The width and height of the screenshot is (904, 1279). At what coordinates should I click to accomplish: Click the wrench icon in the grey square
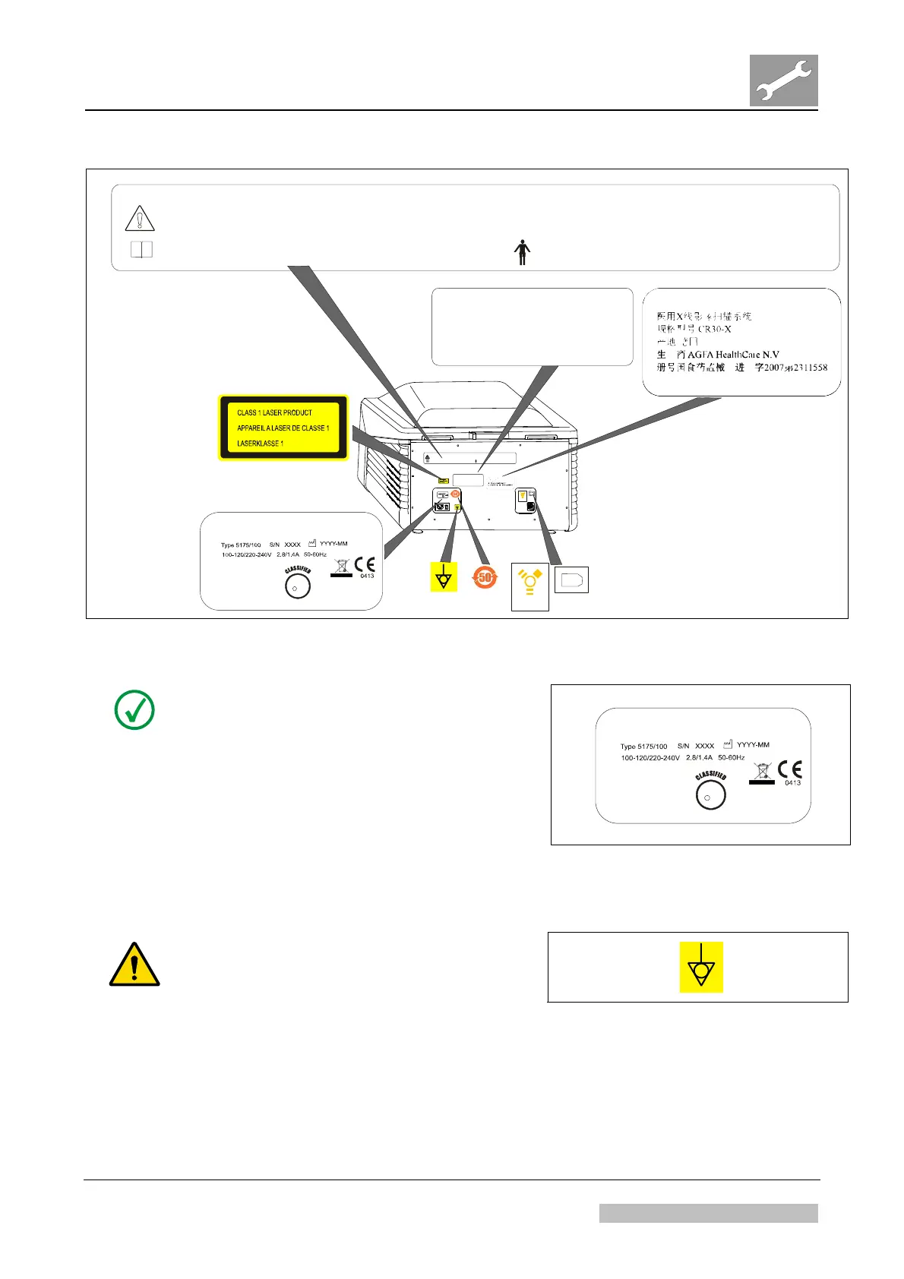coord(783,81)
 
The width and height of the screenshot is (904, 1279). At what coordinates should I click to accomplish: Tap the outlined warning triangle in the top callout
coord(140,219)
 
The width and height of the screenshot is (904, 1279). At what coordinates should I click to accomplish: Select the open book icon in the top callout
coord(141,249)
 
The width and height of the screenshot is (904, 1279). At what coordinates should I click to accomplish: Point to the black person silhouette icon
coord(522,252)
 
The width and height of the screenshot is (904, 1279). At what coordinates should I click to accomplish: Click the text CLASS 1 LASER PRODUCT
coord(274,412)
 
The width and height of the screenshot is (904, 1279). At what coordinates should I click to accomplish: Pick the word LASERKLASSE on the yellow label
coord(257,444)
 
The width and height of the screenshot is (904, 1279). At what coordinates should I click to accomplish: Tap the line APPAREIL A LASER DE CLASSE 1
coord(283,428)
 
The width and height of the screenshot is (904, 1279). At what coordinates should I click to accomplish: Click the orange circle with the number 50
coord(485,578)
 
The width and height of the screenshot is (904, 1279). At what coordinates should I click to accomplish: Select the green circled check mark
coord(134,710)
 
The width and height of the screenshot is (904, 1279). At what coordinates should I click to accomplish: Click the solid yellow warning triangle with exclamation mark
coord(134,965)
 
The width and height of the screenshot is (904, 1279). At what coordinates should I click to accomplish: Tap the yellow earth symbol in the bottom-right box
coord(700,967)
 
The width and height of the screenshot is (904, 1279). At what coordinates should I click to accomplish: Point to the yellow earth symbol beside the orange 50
coord(443,578)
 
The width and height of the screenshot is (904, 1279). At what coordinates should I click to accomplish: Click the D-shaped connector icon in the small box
coord(571,581)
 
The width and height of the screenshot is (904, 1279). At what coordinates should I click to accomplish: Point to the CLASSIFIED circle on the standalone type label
coord(711,794)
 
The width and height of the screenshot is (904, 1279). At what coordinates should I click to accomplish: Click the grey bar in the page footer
coord(708,1213)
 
